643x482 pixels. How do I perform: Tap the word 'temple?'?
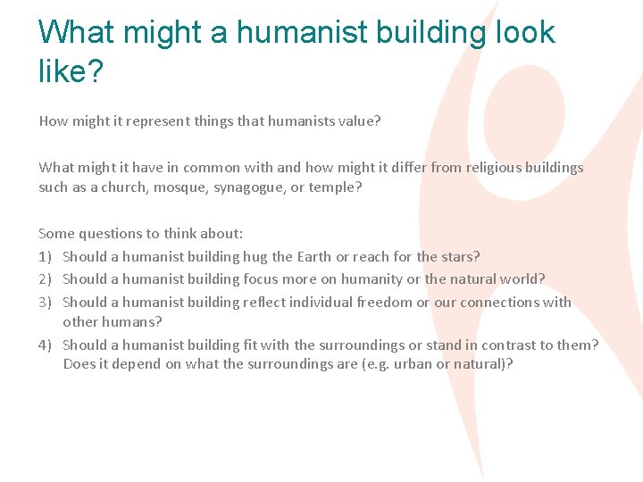click(335, 187)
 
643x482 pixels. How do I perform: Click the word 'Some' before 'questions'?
click(56, 234)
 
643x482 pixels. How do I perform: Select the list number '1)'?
click(46, 257)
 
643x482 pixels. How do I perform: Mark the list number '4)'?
click(46, 345)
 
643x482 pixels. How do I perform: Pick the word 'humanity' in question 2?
click(364, 279)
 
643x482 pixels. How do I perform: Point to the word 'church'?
click(125, 187)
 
